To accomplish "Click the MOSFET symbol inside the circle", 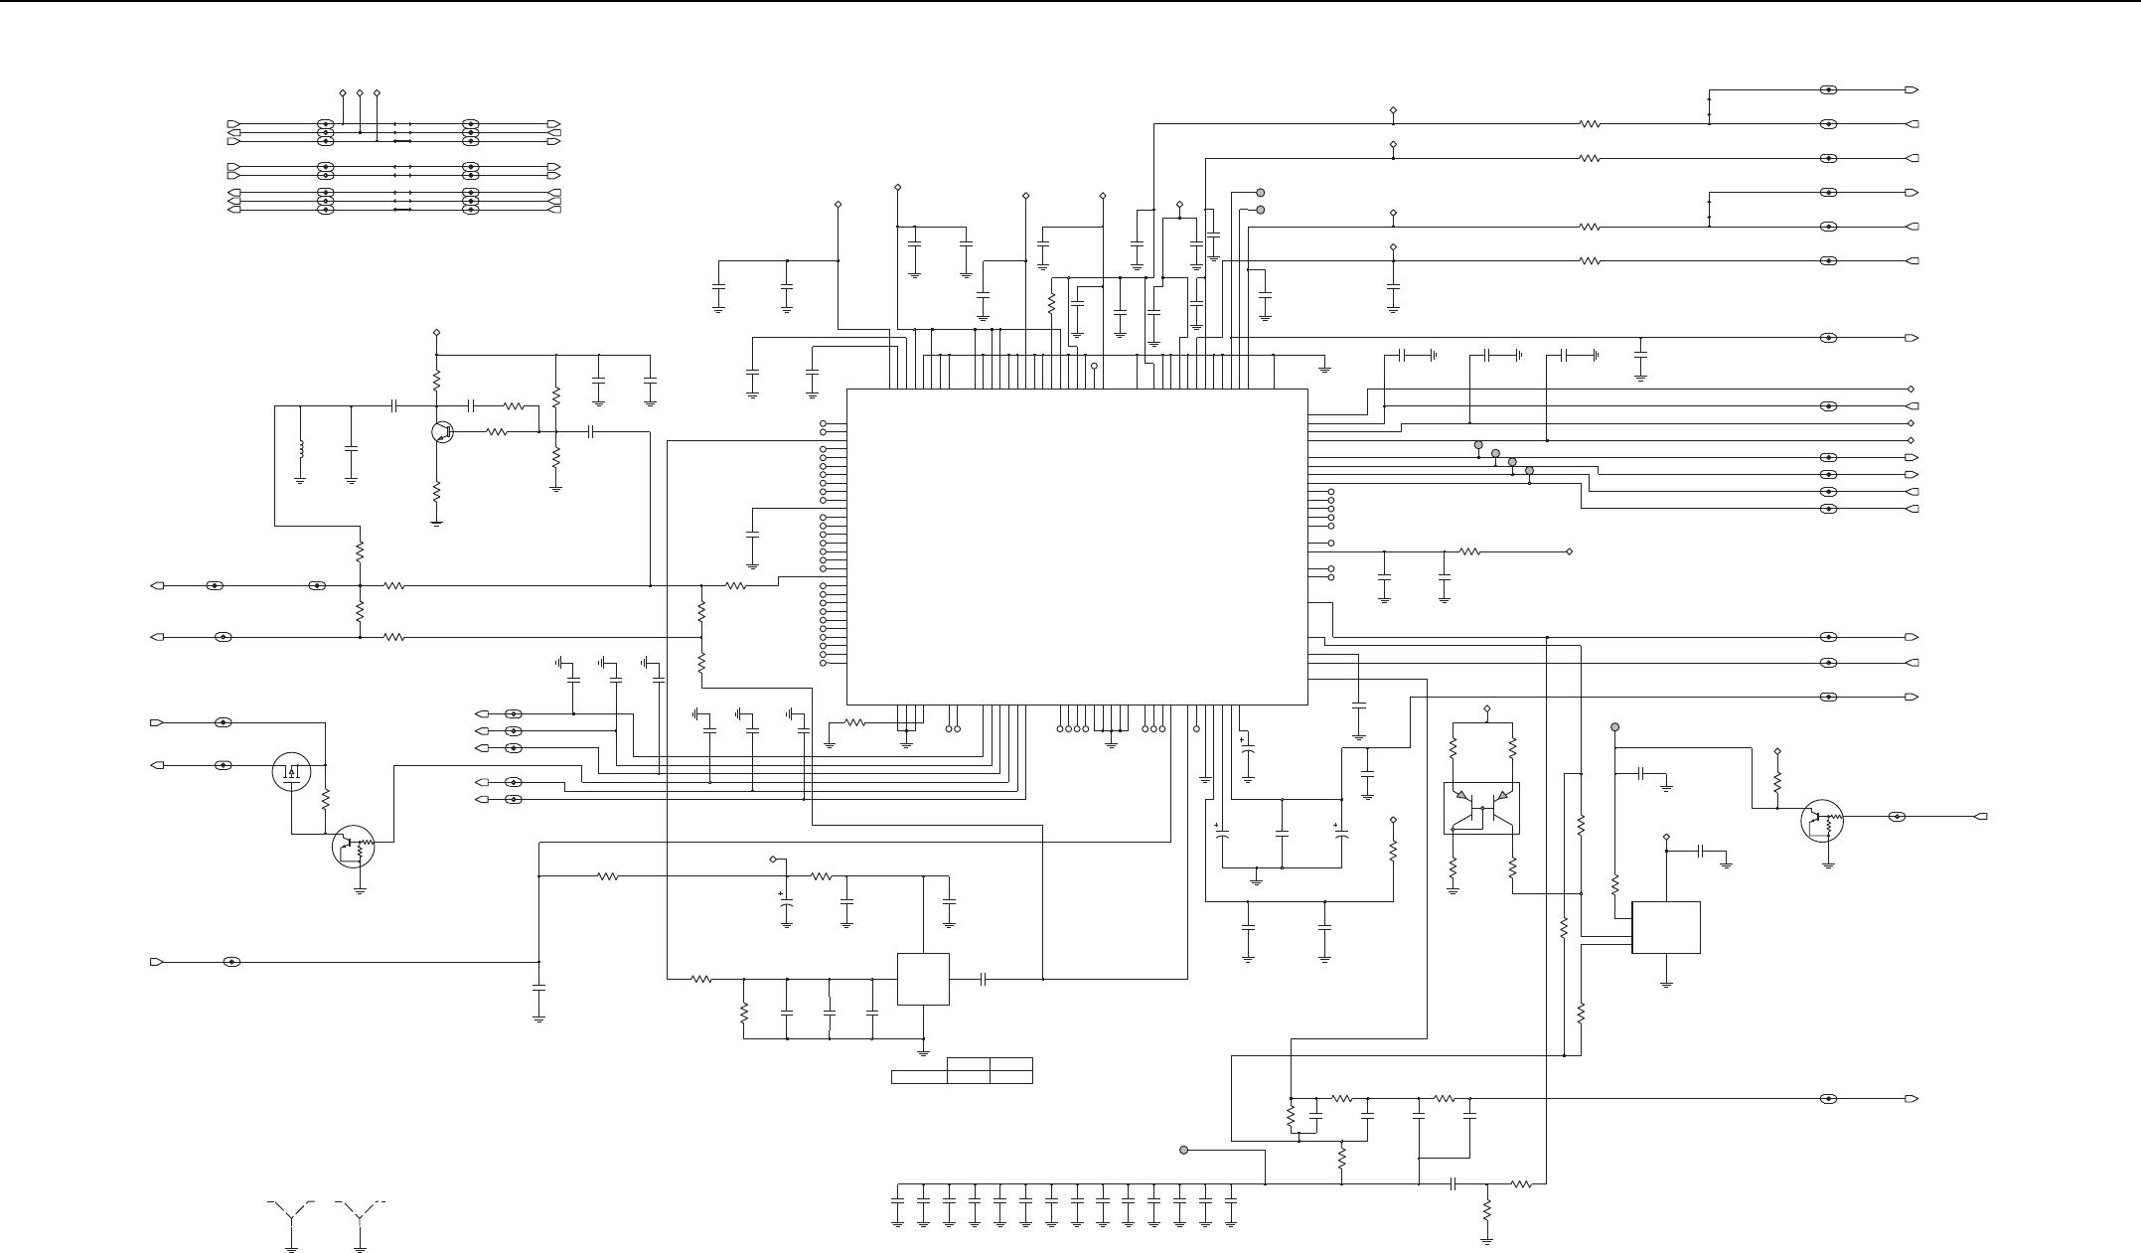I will pos(292,772).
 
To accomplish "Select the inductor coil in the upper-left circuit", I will pos(300,449).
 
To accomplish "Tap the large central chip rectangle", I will pos(1076,547).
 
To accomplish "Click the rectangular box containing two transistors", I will pos(1481,808).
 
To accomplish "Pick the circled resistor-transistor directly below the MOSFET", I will pos(353,846).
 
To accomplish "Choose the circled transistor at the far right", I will pos(1822,822).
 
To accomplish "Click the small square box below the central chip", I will pos(923,979).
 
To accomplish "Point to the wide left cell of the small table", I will pos(919,1076).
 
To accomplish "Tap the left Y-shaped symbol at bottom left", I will pos(292,1213).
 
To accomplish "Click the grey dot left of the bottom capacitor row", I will pos(1183,1150).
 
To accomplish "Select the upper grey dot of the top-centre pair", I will pos(1261,193).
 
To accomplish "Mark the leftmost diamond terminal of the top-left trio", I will pos(343,92).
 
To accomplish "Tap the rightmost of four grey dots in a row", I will pos(1529,470).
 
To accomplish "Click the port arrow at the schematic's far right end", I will pos(1981,817).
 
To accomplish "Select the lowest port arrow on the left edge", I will pos(156,962).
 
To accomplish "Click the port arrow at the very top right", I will pos(1912,90).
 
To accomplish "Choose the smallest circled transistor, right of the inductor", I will pos(443,432).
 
